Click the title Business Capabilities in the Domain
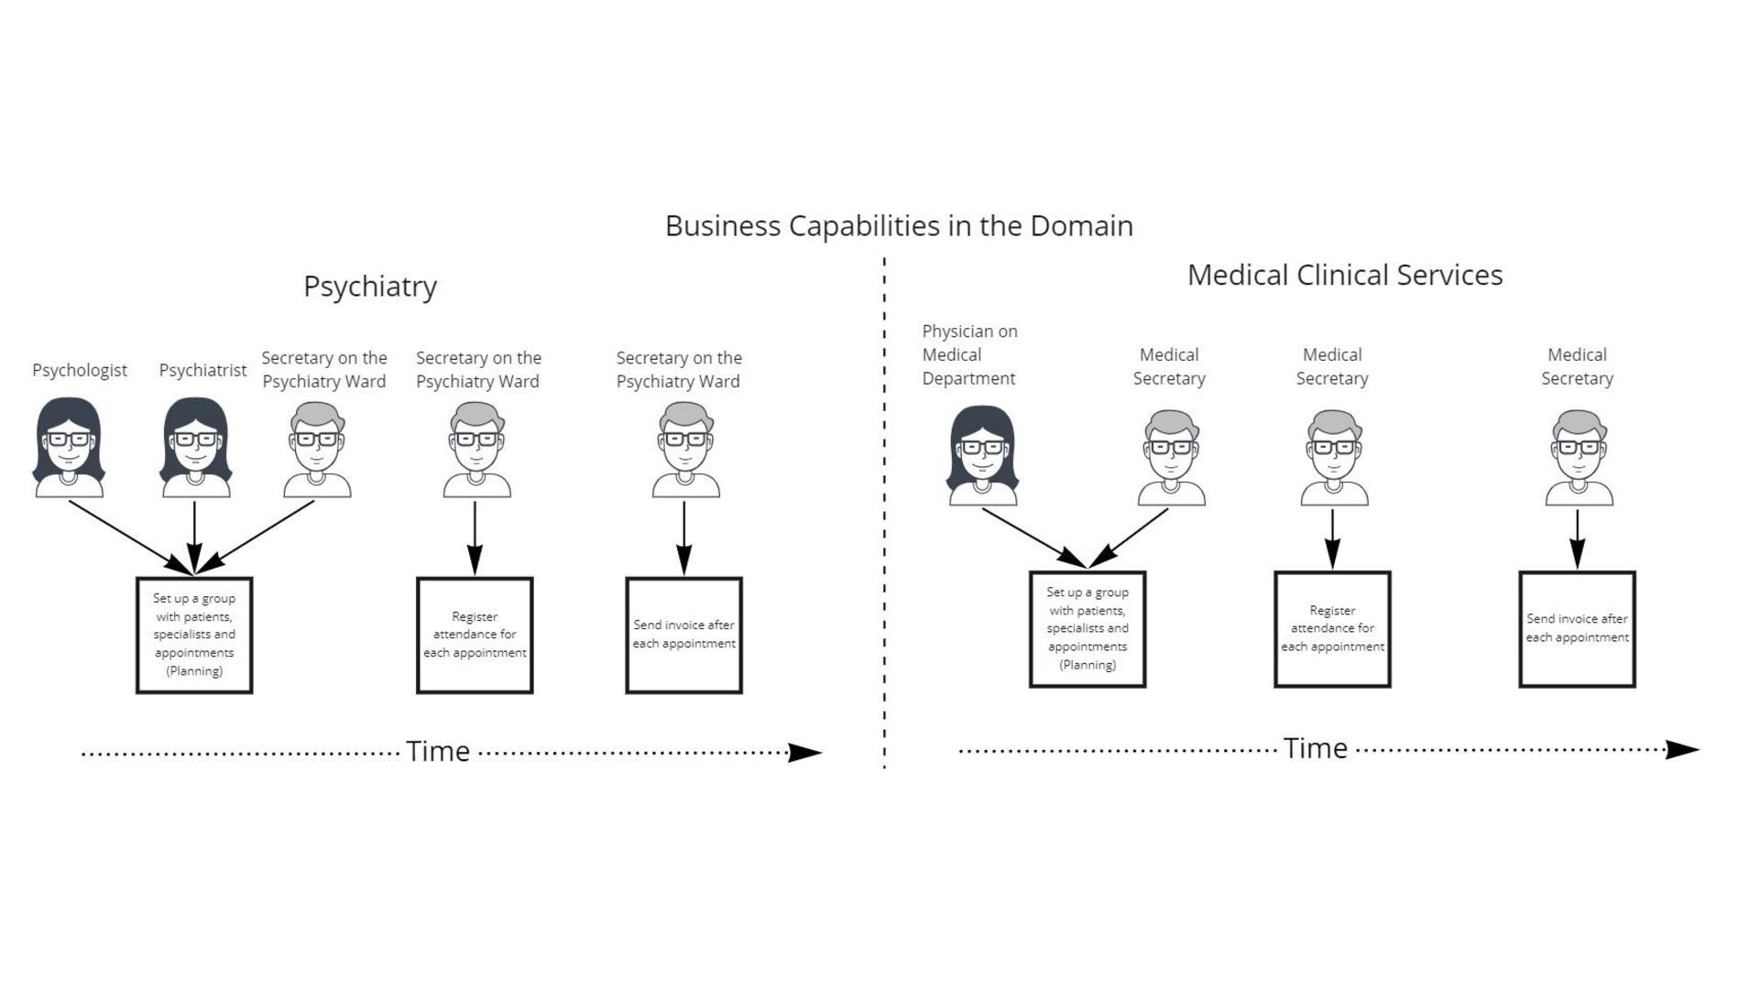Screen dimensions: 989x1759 pyautogui.click(x=899, y=225)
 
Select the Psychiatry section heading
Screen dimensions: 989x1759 pyautogui.click(x=370, y=287)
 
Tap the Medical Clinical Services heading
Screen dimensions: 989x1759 pyautogui.click(x=1345, y=275)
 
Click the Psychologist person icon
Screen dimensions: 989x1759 pyautogui.click(x=69, y=448)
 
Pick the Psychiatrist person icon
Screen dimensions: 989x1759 pyautogui.click(x=195, y=448)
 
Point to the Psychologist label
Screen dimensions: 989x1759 pyautogui.click(x=80, y=370)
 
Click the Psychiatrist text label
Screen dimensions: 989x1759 pyautogui.click(x=202, y=370)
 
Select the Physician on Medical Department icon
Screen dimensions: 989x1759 pyautogui.click(x=982, y=456)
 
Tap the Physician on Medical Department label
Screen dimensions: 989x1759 pyautogui.click(x=969, y=354)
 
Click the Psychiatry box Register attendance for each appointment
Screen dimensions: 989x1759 pyautogui.click(x=475, y=635)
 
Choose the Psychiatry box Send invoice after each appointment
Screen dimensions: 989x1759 pyautogui.click(x=683, y=635)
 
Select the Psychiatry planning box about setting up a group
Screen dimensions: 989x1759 pyautogui.click(x=194, y=635)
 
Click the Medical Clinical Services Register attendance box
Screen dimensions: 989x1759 pyautogui.click(x=1332, y=629)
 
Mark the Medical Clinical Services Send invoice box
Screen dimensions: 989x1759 pyautogui.click(x=1577, y=629)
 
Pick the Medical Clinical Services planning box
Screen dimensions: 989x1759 pyautogui.click(x=1087, y=629)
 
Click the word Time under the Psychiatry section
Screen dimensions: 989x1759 pyautogui.click(x=438, y=752)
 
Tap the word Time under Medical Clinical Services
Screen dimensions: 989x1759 pyautogui.click(x=1315, y=749)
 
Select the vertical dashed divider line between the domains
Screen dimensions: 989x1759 pyautogui.click(x=884, y=513)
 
